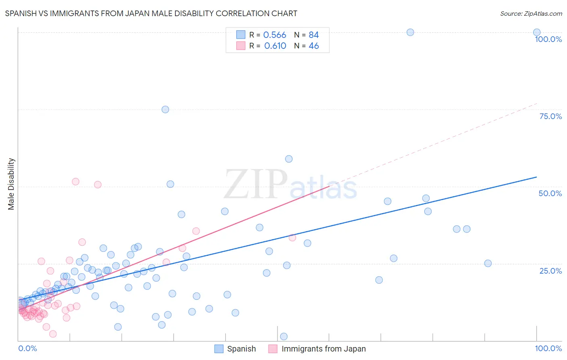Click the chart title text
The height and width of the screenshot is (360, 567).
[151, 13]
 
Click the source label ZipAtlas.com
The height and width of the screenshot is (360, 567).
[531, 13]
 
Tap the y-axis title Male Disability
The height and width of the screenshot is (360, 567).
[11, 184]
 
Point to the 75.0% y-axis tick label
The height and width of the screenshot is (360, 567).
[550, 116]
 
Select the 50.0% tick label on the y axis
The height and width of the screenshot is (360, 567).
[550, 193]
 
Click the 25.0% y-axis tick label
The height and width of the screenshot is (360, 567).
[550, 270]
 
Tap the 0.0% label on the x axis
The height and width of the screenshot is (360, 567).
[27, 348]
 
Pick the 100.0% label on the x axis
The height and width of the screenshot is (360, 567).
[548, 348]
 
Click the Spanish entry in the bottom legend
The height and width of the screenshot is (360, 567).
[241, 349]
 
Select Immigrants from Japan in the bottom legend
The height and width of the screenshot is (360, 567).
[323, 349]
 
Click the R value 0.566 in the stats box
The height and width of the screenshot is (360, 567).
[275, 35]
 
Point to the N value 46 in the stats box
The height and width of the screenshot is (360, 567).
[314, 46]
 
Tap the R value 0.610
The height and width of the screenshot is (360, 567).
[275, 46]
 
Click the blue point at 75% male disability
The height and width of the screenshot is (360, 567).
[165, 109]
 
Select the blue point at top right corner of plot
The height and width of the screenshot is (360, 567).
[537, 32]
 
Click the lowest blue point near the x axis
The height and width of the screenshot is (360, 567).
[284, 337]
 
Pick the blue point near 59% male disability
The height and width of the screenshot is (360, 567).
[289, 159]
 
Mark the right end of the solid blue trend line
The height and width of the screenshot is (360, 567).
[537, 177]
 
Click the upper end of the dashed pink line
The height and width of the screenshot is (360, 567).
[537, 104]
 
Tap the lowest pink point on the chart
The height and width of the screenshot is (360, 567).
[53, 334]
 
